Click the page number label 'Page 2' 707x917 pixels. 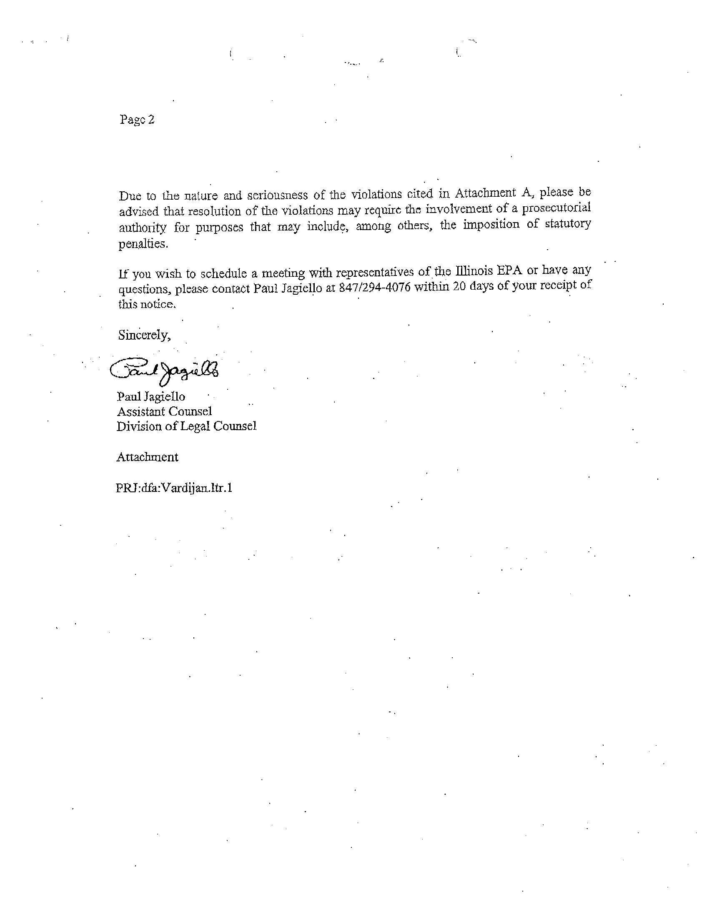tap(137, 120)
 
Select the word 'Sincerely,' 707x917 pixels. tap(144, 335)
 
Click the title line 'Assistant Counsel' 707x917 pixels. tap(164, 411)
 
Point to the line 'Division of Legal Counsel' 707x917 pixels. tap(186, 426)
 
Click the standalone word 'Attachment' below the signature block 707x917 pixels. tap(147, 457)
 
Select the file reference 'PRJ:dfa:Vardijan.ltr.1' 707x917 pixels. tap(174, 489)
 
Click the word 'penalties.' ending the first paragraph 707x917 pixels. tap(143, 244)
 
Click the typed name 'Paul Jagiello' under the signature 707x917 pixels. tap(151, 397)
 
